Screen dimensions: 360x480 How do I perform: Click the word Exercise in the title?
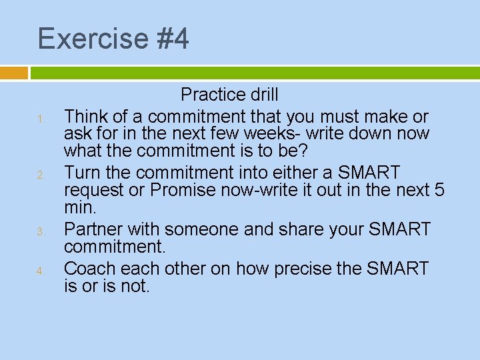click(x=92, y=39)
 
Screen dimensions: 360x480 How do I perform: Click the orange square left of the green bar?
click(x=14, y=73)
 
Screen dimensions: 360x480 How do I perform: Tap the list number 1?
click(x=41, y=120)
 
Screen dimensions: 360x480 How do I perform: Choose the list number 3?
click(x=41, y=232)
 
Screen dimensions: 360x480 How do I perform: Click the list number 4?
click(x=41, y=271)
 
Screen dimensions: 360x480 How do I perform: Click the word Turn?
click(x=82, y=173)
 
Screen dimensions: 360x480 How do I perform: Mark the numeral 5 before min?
click(x=438, y=191)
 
